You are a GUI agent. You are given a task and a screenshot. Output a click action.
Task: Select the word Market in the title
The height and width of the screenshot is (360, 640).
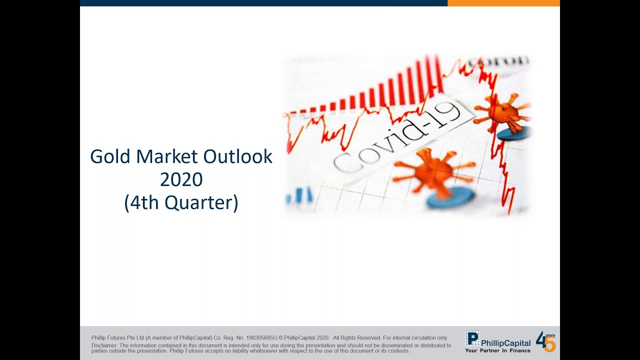point(167,156)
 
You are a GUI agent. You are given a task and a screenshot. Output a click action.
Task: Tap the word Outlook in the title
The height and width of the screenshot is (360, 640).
point(237,156)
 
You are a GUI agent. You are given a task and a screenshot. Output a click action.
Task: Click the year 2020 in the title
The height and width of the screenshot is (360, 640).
point(181,179)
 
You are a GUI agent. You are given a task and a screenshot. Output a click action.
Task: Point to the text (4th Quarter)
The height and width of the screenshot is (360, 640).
point(181,203)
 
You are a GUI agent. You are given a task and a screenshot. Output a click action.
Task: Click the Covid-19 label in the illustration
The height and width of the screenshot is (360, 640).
point(397,136)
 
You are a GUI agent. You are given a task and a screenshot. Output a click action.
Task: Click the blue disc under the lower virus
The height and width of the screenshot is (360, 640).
point(450,197)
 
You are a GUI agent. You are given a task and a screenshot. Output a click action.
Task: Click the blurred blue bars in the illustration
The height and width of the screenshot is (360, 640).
point(299,195)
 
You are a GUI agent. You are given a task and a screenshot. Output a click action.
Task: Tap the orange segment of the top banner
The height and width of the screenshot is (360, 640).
point(503,3)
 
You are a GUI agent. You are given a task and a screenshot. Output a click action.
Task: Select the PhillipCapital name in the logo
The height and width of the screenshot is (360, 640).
point(505,343)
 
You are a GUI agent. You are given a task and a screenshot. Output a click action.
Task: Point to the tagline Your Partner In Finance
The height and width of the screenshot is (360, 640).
point(497,350)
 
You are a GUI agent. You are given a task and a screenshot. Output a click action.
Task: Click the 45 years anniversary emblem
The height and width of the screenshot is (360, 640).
point(545,341)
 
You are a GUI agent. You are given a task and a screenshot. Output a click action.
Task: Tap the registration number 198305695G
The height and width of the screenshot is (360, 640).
point(261,337)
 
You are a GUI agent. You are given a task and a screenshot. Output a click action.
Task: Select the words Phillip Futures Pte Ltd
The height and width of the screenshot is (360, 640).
point(117,337)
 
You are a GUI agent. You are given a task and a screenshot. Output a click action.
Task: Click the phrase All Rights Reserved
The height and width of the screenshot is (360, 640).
point(357,337)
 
